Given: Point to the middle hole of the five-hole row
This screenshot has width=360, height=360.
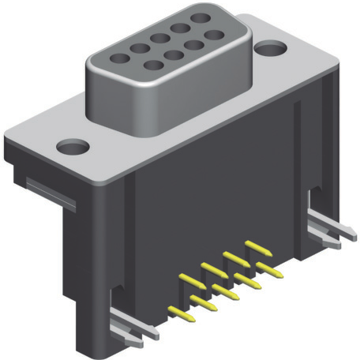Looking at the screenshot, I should click(x=160, y=38).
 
